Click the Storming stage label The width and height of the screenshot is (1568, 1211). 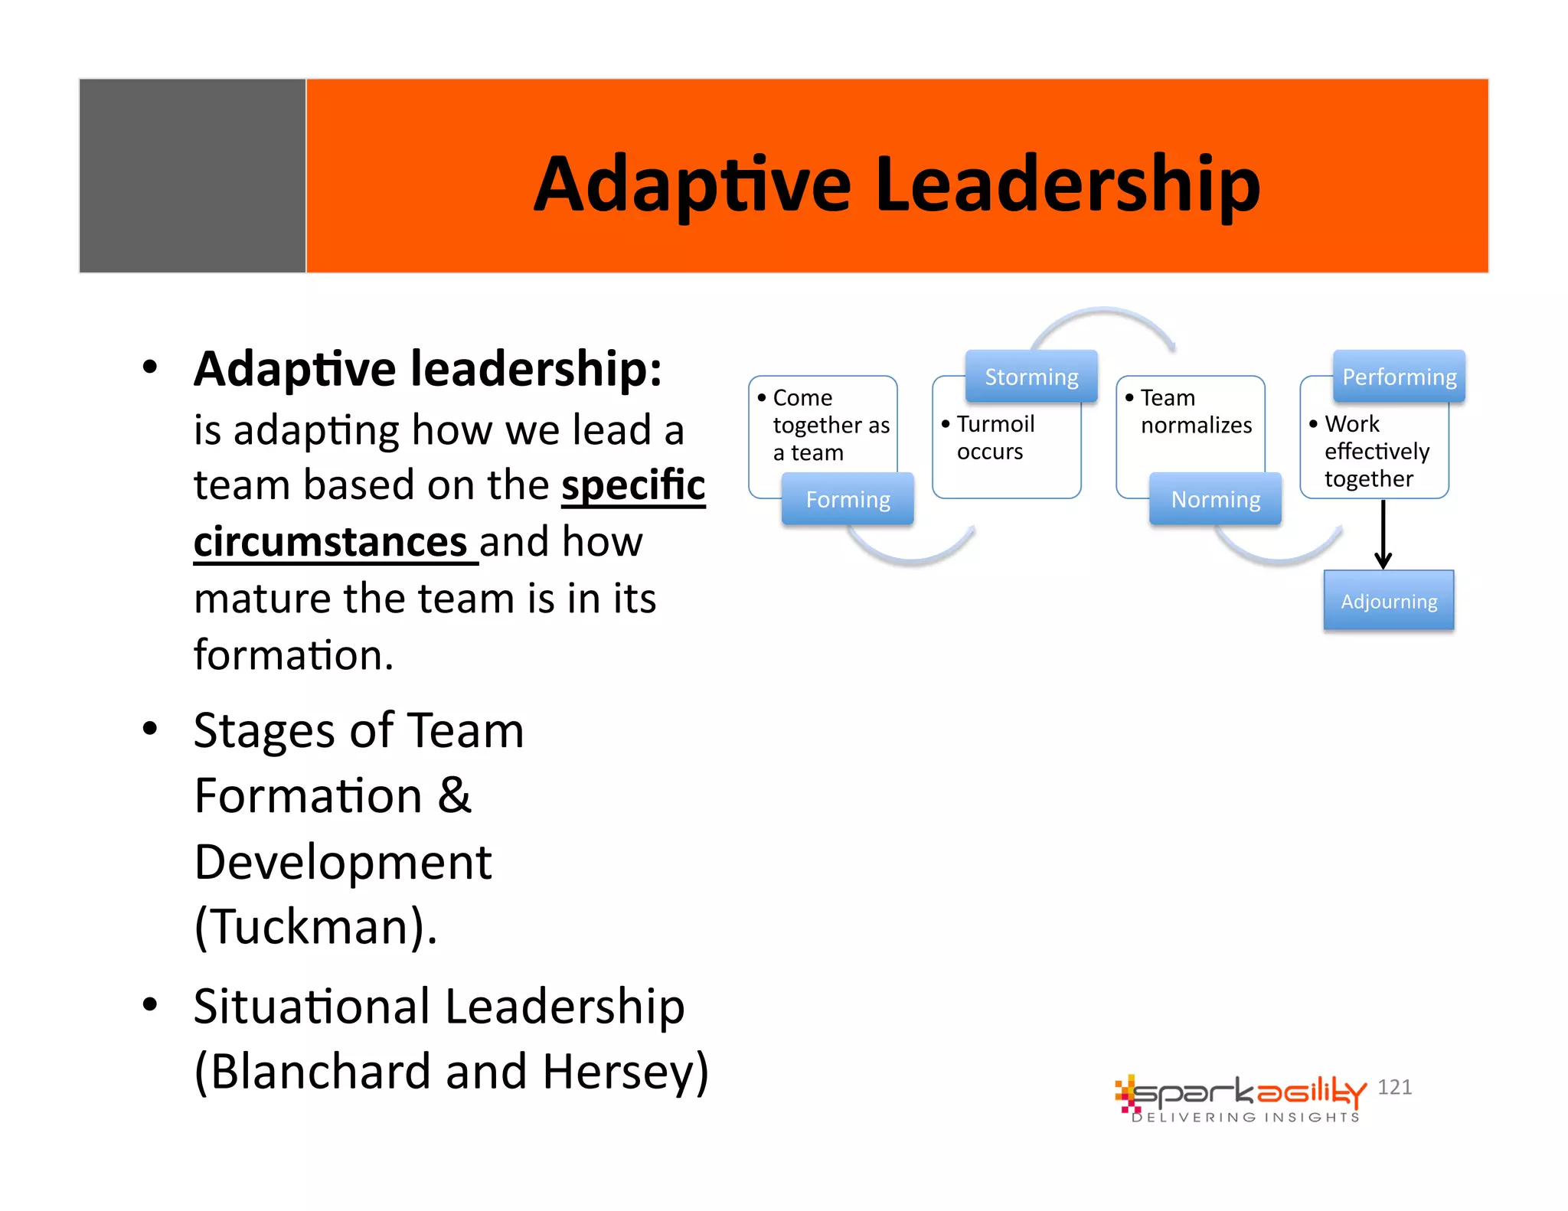click(x=1031, y=377)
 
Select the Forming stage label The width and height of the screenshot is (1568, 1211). click(x=848, y=499)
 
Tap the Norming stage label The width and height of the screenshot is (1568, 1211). click(x=1215, y=499)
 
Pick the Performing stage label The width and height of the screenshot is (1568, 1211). click(x=1399, y=377)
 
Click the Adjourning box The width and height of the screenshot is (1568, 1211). click(x=1388, y=601)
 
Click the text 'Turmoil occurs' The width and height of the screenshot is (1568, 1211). click(x=995, y=437)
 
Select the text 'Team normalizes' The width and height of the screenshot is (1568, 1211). click(x=1195, y=411)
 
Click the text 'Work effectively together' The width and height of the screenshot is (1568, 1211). click(x=1375, y=451)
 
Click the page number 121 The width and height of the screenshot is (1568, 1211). click(x=1394, y=1087)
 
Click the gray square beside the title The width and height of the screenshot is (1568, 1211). click(x=192, y=175)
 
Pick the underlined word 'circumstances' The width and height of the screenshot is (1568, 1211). click(x=331, y=541)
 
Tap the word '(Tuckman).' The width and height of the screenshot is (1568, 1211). click(x=315, y=926)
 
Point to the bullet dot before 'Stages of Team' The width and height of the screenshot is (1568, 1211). click(x=150, y=729)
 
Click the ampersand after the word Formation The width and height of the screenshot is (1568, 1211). click(x=454, y=795)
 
